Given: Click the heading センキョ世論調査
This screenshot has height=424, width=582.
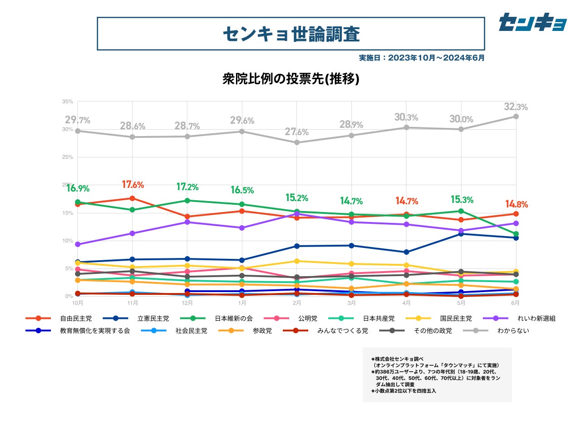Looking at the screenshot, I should point(291,34).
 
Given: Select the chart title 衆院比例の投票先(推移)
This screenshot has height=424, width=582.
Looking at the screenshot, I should point(291,79).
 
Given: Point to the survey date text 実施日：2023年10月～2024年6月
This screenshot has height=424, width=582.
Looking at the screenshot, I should point(421,58).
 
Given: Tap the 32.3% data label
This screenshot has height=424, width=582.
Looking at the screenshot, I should point(516,107).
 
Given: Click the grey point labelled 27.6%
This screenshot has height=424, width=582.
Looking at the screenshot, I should point(297,142).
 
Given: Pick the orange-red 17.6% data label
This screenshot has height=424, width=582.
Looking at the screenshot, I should point(133,185).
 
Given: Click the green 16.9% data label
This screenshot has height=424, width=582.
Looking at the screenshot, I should point(78,188).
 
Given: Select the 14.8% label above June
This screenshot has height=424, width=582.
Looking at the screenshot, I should point(516,204).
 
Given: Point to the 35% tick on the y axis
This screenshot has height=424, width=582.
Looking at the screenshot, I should point(68,101).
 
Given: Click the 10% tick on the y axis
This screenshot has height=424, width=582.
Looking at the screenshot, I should point(68,241).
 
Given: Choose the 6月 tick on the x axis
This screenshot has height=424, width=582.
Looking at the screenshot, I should point(516,303).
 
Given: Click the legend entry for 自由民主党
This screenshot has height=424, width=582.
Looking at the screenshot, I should point(75,318).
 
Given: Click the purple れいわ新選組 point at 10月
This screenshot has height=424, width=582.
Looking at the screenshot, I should point(78,244).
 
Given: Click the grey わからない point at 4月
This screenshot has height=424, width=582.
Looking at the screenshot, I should point(406,127).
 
